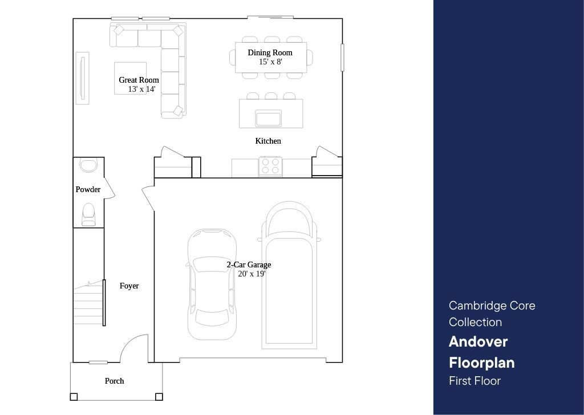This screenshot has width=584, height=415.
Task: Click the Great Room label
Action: [139, 80]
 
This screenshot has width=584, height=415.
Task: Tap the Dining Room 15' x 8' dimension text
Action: [270, 62]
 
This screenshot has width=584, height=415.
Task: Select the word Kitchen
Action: [268, 141]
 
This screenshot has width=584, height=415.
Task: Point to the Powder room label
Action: [88, 189]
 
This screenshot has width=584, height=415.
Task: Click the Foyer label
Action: [129, 286]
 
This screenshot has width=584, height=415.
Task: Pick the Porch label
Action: [114, 381]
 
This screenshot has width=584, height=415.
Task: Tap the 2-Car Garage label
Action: [249, 265]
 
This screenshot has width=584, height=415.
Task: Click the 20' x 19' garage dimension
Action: [252, 274]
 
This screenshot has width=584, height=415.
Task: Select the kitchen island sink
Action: [268, 118]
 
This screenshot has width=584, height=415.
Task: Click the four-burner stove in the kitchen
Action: [270, 166]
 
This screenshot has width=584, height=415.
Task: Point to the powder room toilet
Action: [88, 215]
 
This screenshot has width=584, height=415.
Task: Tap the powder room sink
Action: [88, 165]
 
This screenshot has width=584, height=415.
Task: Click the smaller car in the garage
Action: [212, 284]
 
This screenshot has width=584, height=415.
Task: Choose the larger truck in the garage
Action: [289, 275]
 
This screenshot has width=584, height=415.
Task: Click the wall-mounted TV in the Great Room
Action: [83, 78]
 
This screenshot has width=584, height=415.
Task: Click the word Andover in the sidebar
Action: [478, 341]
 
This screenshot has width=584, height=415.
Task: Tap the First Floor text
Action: [474, 381]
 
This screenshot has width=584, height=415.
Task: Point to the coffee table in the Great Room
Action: [130, 78]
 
